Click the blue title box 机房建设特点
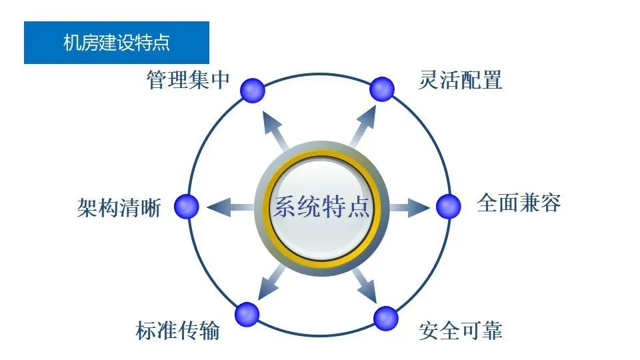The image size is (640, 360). coord(116,43)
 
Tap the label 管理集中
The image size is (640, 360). coord(188,79)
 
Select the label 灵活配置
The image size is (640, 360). coord(461,79)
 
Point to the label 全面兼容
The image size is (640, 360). coord(519,203)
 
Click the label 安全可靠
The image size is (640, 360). coord(461,330)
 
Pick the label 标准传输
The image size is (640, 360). coord(177,330)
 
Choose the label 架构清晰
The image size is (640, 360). coord(119,208)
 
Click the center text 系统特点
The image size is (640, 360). coord(321,207)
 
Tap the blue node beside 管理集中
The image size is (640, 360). coord(253,90)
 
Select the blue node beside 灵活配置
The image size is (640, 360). coord(381,89)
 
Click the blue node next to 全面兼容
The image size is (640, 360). coord(449,207)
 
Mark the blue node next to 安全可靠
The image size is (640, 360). coord(386,319)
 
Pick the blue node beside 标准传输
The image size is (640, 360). coord(247,314)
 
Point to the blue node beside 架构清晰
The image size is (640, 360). coord(187,207)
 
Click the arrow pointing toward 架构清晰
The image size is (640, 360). coord(231,207)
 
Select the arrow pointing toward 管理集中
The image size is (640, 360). coord(275,130)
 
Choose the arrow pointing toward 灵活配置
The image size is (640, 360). coord(363,127)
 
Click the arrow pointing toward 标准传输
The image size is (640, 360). coord(271,283)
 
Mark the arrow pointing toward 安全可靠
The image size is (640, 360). coord(365,286)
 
